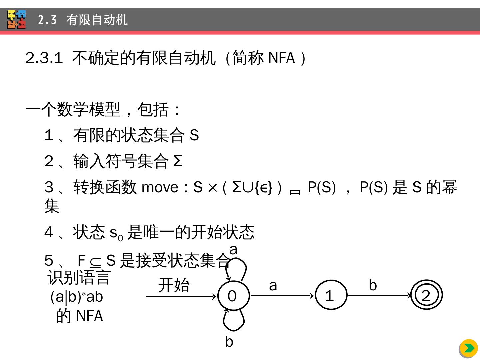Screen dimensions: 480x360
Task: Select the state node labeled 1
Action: click(330, 295)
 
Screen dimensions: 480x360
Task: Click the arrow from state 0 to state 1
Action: click(282, 296)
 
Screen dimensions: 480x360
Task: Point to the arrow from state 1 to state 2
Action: click(379, 296)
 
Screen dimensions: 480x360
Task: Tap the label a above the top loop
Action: click(233, 250)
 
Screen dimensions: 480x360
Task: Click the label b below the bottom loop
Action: click(229, 342)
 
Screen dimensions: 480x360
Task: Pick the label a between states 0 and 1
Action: click(273, 285)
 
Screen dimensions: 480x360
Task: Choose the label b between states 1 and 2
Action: click(373, 285)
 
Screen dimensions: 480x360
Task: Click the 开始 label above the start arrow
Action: click(174, 286)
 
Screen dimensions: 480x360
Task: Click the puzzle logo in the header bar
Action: click(17, 20)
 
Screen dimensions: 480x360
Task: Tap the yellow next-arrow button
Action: click(469, 348)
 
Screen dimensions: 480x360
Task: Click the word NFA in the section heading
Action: click(282, 58)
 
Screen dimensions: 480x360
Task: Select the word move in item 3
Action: click(160, 187)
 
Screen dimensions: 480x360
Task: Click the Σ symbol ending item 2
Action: click(178, 161)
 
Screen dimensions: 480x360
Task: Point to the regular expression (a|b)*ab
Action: click(77, 297)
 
